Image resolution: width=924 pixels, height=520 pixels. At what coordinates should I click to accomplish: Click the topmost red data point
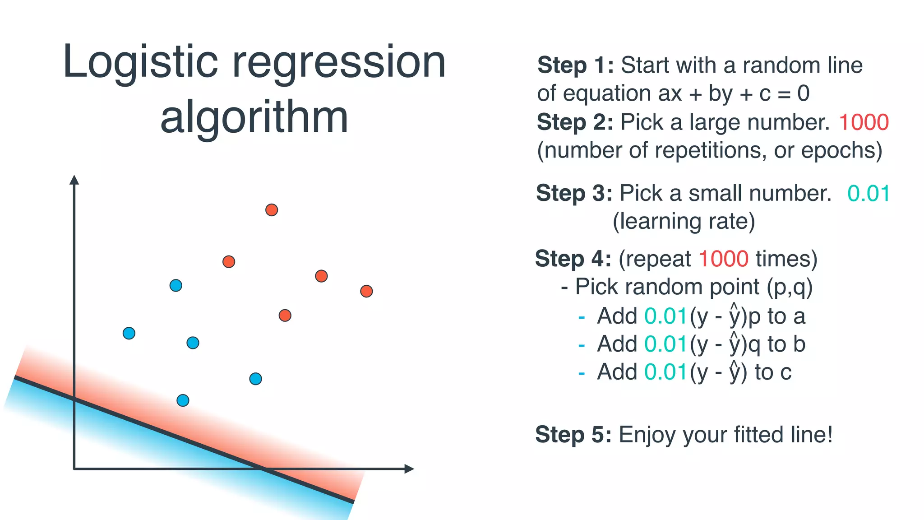point(271,210)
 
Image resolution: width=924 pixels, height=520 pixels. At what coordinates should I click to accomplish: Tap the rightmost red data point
point(366,291)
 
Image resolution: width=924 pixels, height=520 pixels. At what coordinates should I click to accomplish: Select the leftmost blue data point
point(129,333)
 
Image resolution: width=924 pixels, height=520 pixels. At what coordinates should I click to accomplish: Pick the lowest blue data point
point(183,400)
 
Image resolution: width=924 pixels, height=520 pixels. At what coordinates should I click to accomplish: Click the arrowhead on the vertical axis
point(74,180)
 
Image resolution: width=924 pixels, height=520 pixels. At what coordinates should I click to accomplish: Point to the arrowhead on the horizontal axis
point(409,469)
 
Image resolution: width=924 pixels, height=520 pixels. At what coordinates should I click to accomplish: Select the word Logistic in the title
point(140,62)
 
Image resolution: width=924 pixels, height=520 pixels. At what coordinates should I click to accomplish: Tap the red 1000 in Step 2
point(864,122)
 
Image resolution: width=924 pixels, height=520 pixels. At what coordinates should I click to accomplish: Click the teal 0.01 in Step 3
point(869,194)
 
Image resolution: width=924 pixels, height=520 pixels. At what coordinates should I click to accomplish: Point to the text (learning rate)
point(684,222)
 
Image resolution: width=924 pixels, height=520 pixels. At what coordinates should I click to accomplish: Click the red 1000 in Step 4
point(723,259)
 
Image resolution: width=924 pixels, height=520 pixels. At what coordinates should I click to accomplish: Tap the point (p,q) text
point(790,288)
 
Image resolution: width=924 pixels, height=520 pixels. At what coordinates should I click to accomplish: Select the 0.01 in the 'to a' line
point(665,316)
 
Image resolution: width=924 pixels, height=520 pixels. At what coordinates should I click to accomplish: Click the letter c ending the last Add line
point(785,372)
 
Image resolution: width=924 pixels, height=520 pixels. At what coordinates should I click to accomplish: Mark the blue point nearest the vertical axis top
point(176,285)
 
